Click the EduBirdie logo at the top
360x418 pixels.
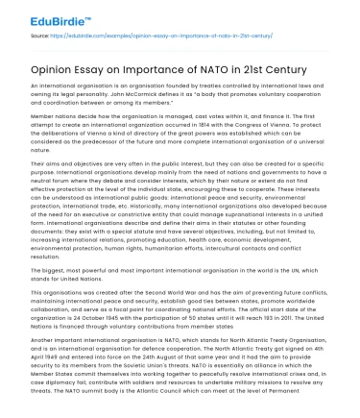point(44,16)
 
